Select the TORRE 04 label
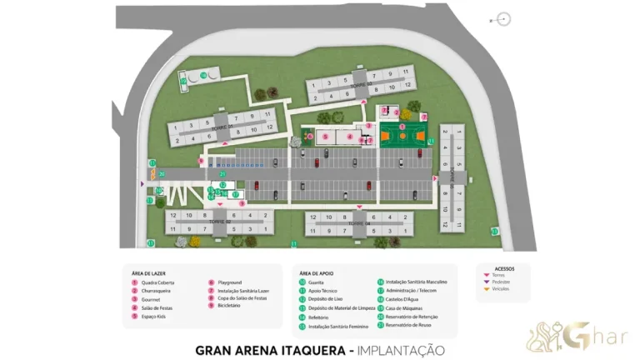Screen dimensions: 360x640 358,223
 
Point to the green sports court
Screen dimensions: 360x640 402,135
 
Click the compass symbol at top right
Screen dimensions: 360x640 502,19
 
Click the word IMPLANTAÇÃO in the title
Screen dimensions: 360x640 400,350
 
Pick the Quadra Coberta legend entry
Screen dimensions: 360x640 155,282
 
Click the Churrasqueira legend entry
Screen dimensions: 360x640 156,291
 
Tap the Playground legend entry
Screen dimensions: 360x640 229,282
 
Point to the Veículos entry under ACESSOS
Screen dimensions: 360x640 500,288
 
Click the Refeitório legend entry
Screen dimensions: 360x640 317,317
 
